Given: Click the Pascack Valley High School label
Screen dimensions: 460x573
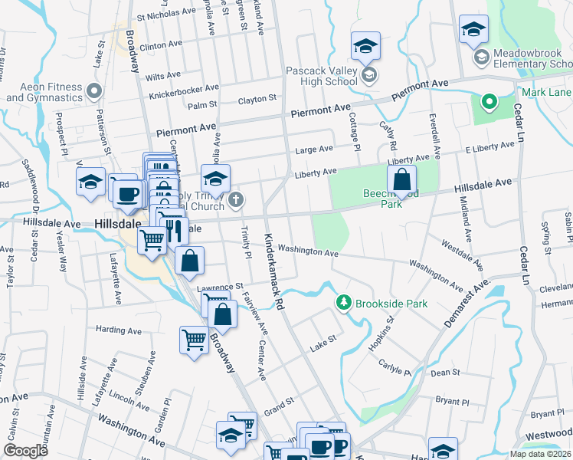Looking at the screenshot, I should [x=321, y=76].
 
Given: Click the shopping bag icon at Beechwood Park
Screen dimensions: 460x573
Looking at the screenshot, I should [x=401, y=181].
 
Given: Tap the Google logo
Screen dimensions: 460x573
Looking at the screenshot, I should [x=25, y=451].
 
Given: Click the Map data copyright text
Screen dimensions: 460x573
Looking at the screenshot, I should [x=541, y=454].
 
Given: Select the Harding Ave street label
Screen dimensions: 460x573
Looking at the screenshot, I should [x=119, y=330].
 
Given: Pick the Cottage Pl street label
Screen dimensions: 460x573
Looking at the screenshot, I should [x=354, y=127].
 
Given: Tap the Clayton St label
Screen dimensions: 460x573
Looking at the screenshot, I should [x=257, y=99].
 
